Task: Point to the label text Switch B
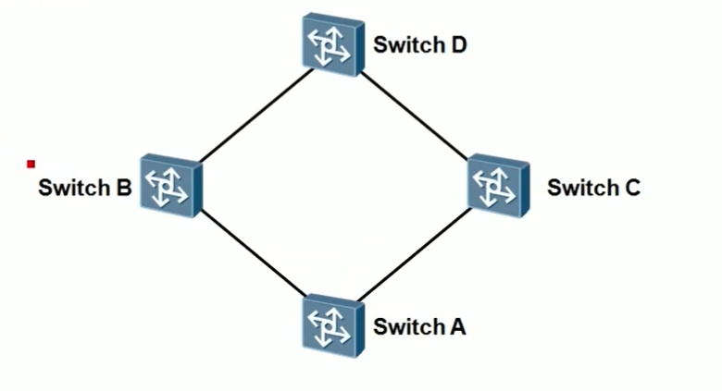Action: pyautogui.click(x=84, y=188)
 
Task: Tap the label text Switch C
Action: pyautogui.click(x=593, y=188)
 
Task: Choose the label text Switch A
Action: pyautogui.click(x=419, y=326)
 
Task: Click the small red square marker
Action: pyautogui.click(x=31, y=164)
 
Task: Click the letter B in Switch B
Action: pyautogui.click(x=123, y=188)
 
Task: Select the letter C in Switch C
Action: pyautogui.click(x=632, y=188)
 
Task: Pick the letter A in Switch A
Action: pyautogui.click(x=457, y=326)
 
